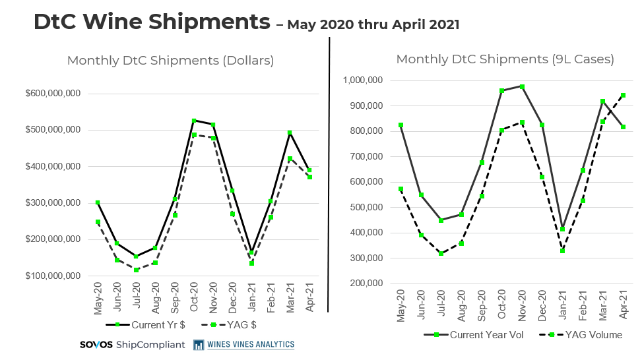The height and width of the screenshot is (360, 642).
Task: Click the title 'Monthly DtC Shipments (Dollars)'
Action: (170, 61)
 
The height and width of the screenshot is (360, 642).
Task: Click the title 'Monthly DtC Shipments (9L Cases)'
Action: (505, 59)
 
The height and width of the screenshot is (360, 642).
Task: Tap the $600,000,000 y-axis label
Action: (53, 94)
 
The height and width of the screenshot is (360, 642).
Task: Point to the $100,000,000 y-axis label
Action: (53, 276)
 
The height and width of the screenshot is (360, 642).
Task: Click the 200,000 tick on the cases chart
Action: (368, 284)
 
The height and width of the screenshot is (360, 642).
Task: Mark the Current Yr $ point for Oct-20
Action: (194, 121)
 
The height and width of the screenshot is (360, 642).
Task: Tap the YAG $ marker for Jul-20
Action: (137, 270)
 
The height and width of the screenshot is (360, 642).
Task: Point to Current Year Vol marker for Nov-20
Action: (522, 86)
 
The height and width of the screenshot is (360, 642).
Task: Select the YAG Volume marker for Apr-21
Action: (623, 95)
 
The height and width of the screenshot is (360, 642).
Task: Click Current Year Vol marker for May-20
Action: (401, 125)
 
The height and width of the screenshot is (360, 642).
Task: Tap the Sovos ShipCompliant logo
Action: (132, 345)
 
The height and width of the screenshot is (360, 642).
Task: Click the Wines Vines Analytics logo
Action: (244, 344)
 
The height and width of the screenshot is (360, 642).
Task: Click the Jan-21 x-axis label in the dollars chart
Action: (251, 299)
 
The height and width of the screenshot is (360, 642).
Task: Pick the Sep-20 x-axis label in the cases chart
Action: (482, 304)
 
